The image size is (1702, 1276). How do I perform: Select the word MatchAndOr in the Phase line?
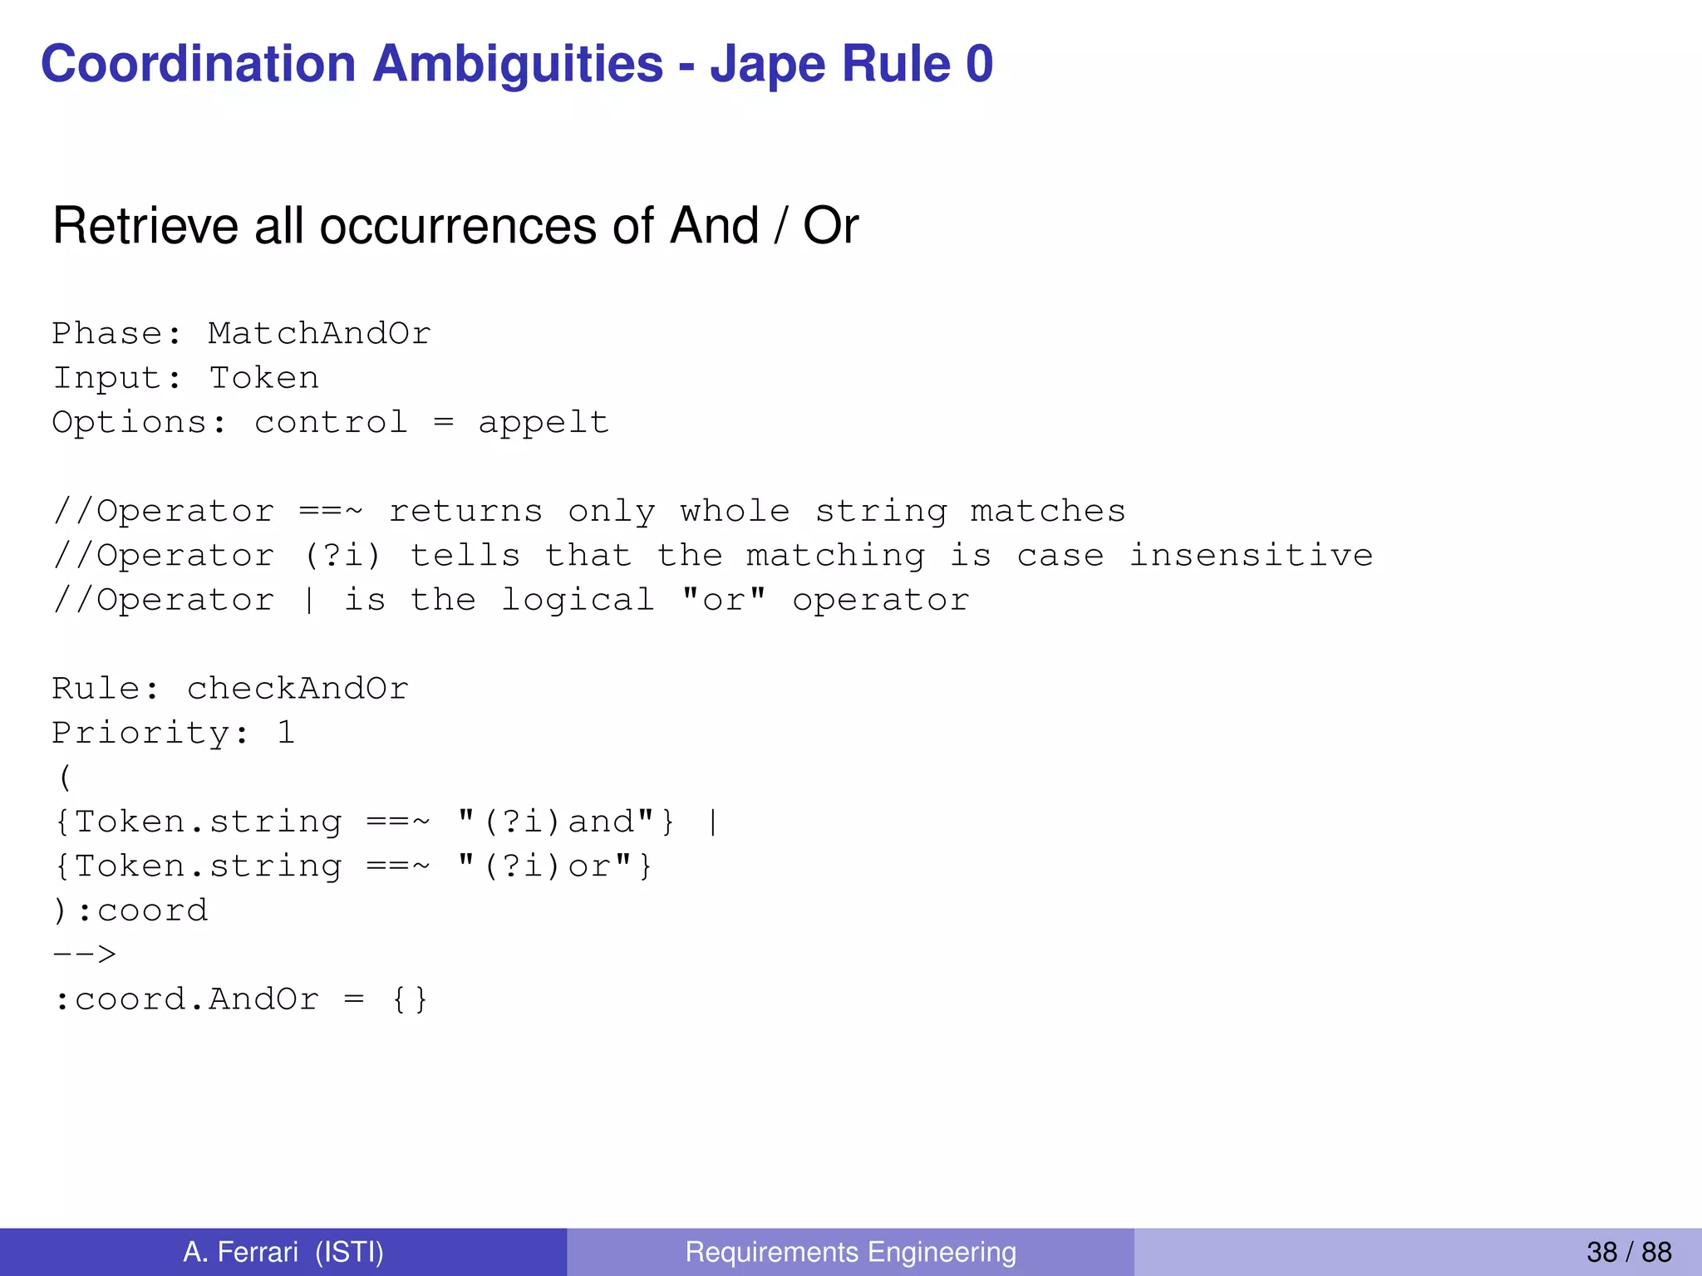(319, 334)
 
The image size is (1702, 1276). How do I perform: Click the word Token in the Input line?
(263, 379)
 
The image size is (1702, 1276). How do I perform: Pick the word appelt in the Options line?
(544, 423)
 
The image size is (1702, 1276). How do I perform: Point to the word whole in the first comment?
(735, 512)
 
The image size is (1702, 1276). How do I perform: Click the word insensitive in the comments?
(1250, 556)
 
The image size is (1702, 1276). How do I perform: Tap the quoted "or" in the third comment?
(723, 600)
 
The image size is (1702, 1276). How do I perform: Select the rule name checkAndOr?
(298, 689)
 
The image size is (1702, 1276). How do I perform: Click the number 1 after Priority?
(286, 734)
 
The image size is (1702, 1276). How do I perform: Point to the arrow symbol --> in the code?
(85, 955)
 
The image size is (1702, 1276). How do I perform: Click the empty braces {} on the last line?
(410, 999)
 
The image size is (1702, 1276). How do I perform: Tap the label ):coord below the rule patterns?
(130, 911)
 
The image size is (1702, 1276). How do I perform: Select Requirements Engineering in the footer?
(850, 1252)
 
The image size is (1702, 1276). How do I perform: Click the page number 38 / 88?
(1628, 1252)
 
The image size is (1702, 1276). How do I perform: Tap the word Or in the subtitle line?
(830, 226)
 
